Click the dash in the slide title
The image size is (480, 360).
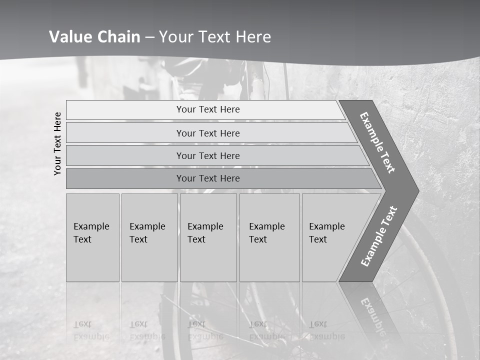click(x=149, y=37)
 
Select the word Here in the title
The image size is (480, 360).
click(x=254, y=37)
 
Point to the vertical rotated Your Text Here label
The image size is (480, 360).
click(x=57, y=143)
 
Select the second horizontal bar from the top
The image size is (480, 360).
click(x=208, y=133)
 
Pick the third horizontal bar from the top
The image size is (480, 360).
click(x=208, y=155)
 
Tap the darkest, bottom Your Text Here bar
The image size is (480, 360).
click(x=208, y=178)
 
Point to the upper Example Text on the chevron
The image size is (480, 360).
click(x=377, y=142)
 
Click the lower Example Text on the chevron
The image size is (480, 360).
click(x=379, y=236)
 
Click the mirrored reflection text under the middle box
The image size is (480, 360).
click(x=205, y=330)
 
